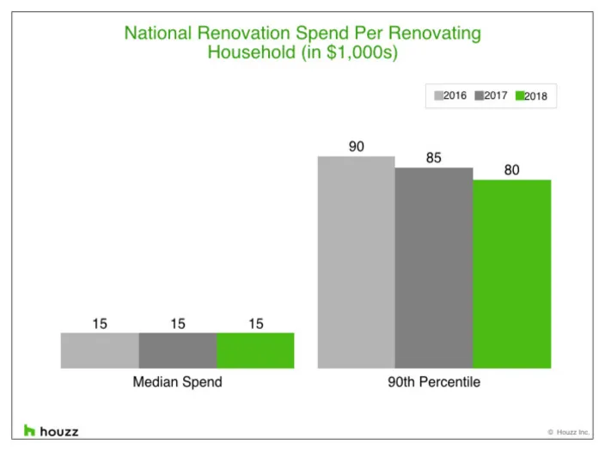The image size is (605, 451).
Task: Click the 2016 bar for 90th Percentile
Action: click(x=357, y=262)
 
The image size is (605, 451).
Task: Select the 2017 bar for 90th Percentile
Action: click(x=434, y=267)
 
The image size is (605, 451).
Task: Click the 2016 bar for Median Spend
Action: click(x=100, y=350)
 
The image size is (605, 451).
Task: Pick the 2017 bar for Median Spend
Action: click(x=177, y=350)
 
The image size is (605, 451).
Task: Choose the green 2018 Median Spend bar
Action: click(x=255, y=350)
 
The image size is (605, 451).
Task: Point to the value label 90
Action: click(x=357, y=147)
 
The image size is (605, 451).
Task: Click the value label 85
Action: click(x=434, y=158)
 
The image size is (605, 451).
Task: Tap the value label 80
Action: click(x=512, y=170)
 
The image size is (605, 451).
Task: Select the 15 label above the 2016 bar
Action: click(x=100, y=324)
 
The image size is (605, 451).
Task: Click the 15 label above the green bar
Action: click(x=255, y=324)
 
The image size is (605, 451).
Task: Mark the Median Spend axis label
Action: click(x=177, y=382)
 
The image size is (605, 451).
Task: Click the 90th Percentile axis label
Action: click(x=434, y=382)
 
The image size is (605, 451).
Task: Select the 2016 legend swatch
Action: click(x=437, y=96)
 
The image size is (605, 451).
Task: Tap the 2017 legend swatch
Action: click(x=479, y=96)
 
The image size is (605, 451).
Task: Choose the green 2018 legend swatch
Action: click(x=519, y=96)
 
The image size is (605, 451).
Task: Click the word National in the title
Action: click(x=160, y=34)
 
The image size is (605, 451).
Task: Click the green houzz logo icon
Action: click(x=29, y=430)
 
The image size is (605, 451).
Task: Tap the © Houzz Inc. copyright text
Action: click(x=568, y=432)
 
